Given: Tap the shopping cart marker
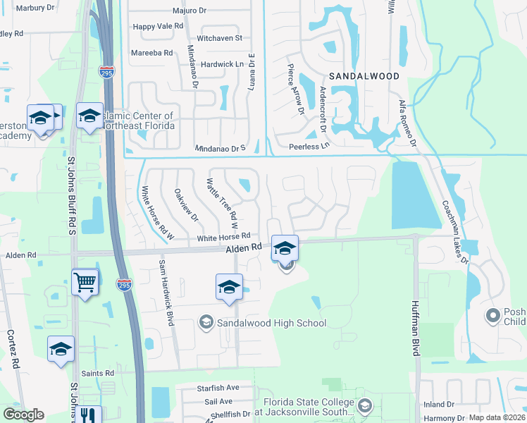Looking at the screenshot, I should point(85,282).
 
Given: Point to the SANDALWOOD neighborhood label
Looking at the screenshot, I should point(363,75).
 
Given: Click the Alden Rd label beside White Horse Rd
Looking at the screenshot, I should point(244,248).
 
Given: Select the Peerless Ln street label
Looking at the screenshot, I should point(309,146).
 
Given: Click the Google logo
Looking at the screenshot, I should point(24,415).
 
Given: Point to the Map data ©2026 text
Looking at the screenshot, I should point(497,417).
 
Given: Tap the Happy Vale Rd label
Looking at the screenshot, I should point(158,26).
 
